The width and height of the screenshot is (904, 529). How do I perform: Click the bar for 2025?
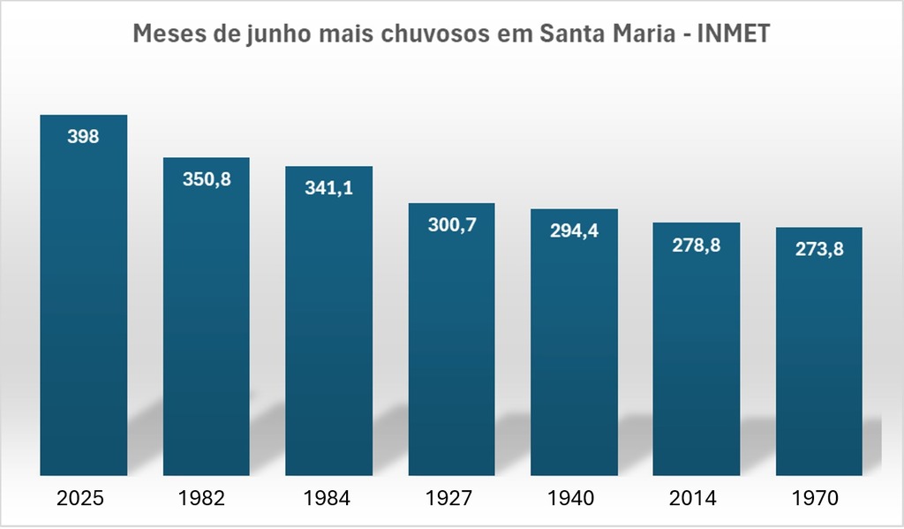83,300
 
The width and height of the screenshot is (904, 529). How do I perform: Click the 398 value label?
83,137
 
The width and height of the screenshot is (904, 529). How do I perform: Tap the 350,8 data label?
206,179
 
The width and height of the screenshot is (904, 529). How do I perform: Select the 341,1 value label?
328,187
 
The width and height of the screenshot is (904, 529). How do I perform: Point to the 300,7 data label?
451,225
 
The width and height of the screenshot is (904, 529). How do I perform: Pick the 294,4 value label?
574,231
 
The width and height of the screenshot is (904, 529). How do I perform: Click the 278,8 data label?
697,245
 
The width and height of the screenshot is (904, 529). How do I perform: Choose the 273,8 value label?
819,249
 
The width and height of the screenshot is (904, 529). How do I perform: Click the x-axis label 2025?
80,498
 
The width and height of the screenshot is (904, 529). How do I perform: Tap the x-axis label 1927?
449,498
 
